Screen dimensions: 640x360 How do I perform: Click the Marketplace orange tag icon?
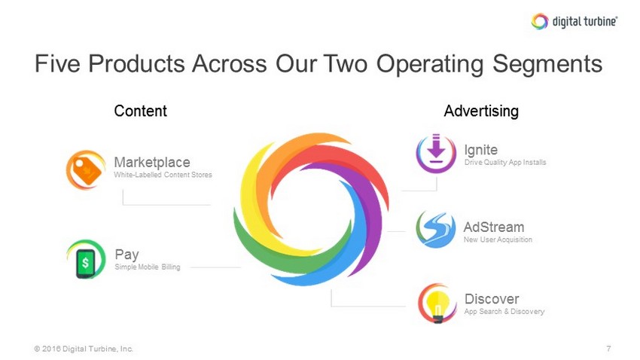pos(85,169)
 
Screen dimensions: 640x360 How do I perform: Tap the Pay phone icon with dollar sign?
pos(86,260)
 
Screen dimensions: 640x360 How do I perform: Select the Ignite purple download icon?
pos(436,153)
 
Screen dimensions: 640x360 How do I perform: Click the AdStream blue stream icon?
pos(436,230)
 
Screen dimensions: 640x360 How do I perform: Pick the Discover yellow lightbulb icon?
pos(437,304)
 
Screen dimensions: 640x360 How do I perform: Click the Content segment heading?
pos(140,111)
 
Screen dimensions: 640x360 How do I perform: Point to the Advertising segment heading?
pos(481,111)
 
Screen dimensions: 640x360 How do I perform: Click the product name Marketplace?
pos(152,162)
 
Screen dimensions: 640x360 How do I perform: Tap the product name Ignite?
pos(481,150)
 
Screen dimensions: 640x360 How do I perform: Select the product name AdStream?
pos(494,227)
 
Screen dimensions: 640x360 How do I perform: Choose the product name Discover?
pos(492,299)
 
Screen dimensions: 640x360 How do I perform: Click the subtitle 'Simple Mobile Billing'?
pos(148,267)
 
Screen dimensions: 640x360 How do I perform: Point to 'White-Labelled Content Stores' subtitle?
pos(163,175)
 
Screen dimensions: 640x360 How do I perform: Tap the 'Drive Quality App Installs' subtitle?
pos(505,163)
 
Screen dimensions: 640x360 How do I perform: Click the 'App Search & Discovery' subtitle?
pos(504,312)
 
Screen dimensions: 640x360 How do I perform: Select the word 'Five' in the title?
pos(57,64)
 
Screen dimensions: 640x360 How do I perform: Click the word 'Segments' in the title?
pos(547,64)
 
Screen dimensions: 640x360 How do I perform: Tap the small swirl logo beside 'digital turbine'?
pos(540,21)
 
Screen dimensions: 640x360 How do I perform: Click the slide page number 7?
pos(608,349)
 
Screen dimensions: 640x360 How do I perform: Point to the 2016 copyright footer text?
pos(84,349)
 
